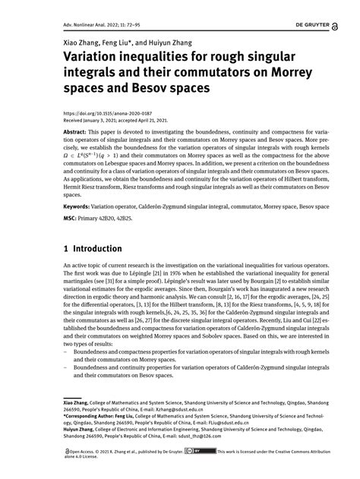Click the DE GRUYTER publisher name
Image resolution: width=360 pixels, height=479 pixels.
pyautogui.click(x=324, y=24)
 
